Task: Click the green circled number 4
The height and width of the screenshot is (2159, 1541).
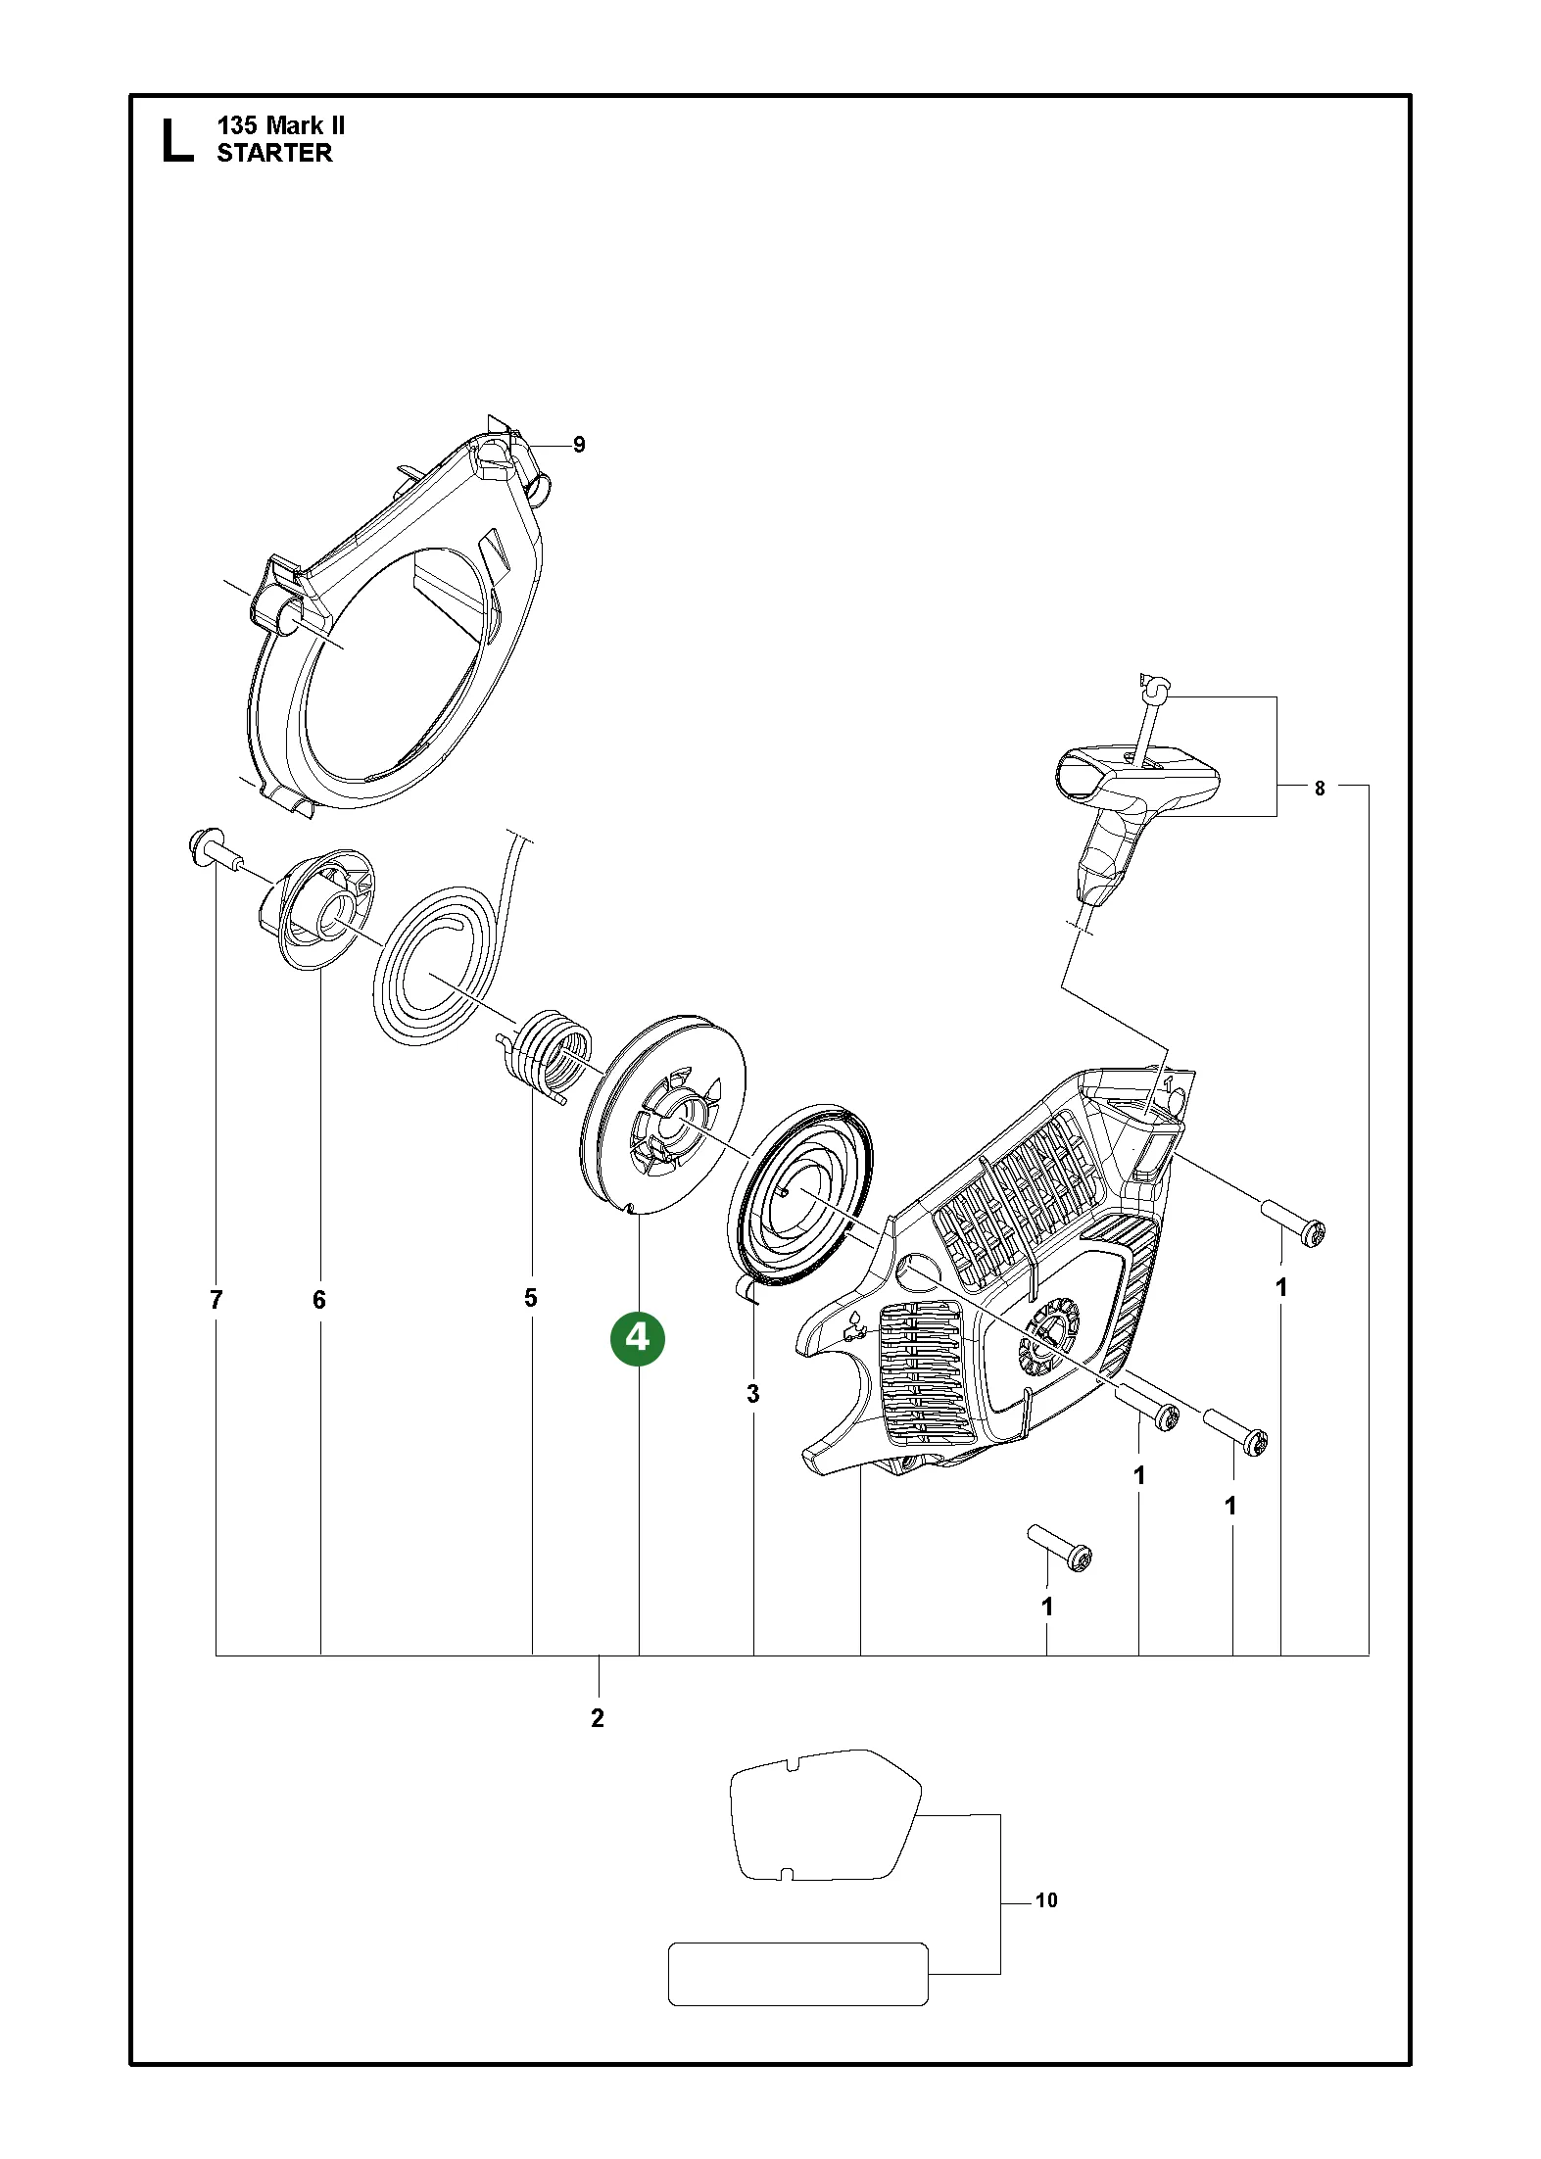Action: click(638, 1338)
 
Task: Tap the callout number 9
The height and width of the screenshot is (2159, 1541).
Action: click(579, 445)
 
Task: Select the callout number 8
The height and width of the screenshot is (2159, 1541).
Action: click(1320, 788)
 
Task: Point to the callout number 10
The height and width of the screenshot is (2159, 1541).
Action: click(1046, 1900)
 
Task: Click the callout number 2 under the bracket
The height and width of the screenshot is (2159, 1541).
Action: click(598, 1718)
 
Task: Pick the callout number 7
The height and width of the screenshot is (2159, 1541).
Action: click(217, 1300)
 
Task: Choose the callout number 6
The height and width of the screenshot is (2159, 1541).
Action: click(319, 1300)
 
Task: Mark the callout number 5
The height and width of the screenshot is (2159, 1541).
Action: click(531, 1298)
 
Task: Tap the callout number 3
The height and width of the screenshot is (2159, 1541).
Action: click(752, 1394)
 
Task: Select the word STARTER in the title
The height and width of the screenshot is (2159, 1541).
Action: click(274, 153)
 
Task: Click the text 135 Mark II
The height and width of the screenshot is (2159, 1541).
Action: click(281, 125)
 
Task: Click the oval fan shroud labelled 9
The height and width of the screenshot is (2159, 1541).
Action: click(395, 622)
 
